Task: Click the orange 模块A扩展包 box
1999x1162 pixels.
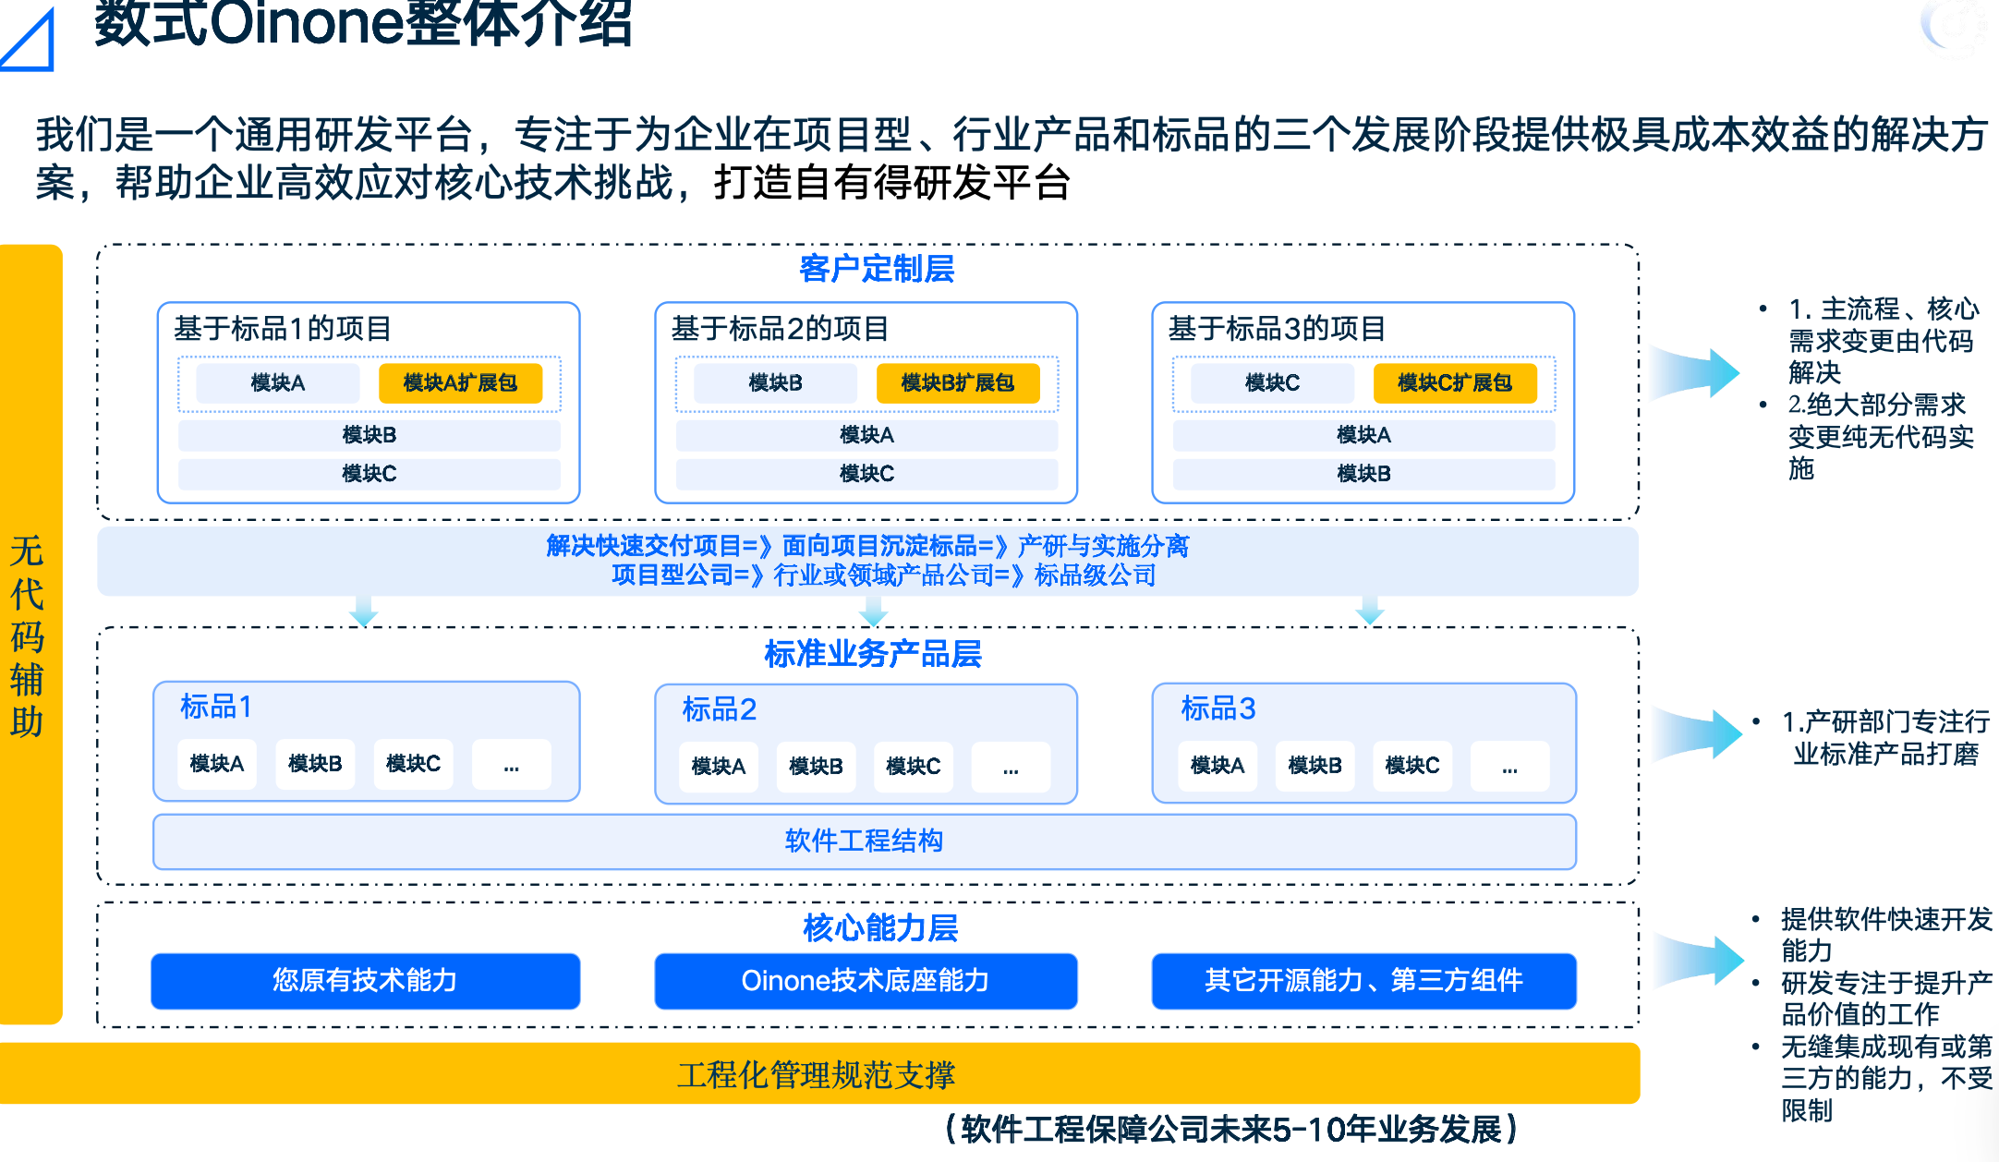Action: tap(460, 382)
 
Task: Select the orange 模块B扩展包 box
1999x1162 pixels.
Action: tap(957, 382)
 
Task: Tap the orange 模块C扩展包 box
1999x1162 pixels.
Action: tap(1454, 382)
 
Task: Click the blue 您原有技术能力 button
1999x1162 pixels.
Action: tap(365, 980)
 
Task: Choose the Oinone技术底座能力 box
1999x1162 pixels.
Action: tap(865, 980)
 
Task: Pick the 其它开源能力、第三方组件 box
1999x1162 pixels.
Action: tap(1363, 980)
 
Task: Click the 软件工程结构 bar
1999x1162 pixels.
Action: tap(864, 841)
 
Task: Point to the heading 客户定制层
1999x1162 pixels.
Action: tap(876, 269)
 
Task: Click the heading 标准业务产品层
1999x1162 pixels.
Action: tap(872, 654)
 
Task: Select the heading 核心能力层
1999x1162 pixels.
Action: tap(879, 927)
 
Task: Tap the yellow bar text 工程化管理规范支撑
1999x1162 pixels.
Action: tap(816, 1074)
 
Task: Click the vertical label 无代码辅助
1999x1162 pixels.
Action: tap(28, 635)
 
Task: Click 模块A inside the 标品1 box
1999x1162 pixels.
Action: tap(216, 764)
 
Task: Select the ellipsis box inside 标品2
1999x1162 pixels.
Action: tap(1011, 767)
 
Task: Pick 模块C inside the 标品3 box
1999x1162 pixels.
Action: tap(1411, 766)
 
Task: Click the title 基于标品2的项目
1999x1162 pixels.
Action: tap(780, 328)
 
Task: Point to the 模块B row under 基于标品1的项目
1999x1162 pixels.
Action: tap(369, 435)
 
